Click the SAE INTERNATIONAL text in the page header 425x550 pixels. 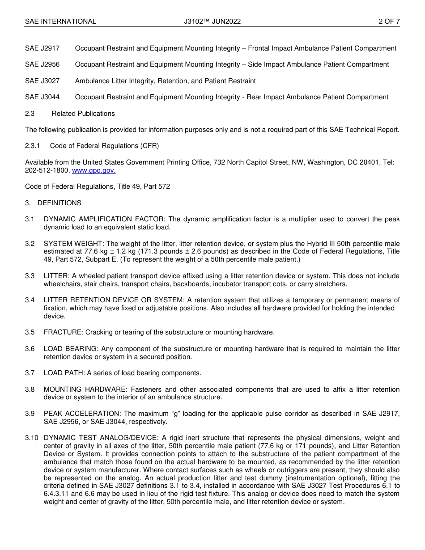click(60, 21)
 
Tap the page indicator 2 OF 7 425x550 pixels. click(389, 21)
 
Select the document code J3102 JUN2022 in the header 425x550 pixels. click(212, 21)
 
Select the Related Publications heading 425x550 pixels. click(83, 114)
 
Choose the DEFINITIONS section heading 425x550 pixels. click(59, 203)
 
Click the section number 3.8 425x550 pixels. click(30, 389)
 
